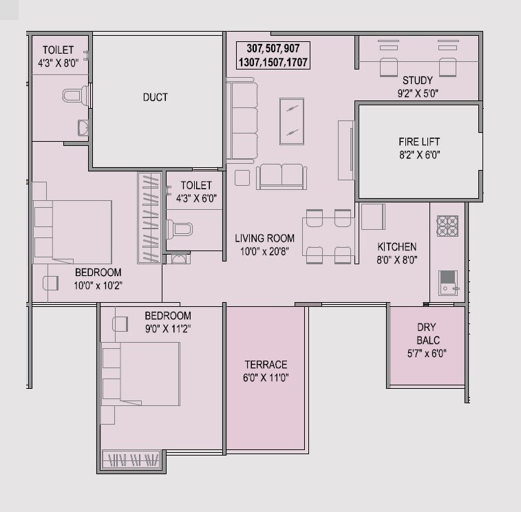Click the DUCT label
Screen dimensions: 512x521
pos(155,97)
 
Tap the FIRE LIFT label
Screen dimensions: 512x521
pos(418,142)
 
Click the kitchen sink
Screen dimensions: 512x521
pos(448,282)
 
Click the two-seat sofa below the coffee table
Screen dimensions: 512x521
pos(281,176)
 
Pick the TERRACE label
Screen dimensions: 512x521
pos(266,364)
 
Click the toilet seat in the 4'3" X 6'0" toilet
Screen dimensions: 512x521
pos(182,229)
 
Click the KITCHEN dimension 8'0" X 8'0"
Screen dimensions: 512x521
pos(396,260)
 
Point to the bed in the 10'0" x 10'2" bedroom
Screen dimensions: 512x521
pos(72,231)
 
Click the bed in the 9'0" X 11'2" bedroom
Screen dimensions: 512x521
pos(140,376)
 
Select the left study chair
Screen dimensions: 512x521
pos(389,67)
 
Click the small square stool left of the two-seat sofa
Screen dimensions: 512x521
pos(242,178)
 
